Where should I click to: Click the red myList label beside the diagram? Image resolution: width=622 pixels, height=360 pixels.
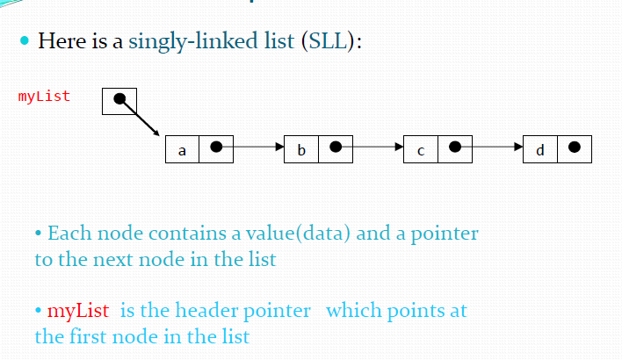pyautogui.click(x=44, y=96)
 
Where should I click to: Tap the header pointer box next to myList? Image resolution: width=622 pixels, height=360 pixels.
pyautogui.click(x=119, y=100)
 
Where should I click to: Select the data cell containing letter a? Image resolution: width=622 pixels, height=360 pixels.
pyautogui.click(x=182, y=149)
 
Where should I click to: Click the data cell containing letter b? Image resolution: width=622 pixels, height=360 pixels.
pyautogui.click(x=301, y=149)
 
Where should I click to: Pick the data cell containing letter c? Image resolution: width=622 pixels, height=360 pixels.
pyautogui.click(x=420, y=149)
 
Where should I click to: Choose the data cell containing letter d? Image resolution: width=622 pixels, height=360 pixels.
pyautogui.click(x=539, y=149)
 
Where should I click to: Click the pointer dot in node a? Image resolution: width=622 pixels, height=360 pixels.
pyautogui.click(x=216, y=148)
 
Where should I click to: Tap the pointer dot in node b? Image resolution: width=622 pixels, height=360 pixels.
pyautogui.click(x=335, y=148)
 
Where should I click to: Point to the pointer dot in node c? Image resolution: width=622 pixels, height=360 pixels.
pyautogui.click(x=454, y=148)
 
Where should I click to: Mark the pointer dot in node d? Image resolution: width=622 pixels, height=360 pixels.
pyautogui.click(x=574, y=148)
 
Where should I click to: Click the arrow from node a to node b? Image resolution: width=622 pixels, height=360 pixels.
pyautogui.click(x=255, y=148)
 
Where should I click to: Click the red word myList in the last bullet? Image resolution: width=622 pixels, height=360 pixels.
pyautogui.click(x=77, y=311)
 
